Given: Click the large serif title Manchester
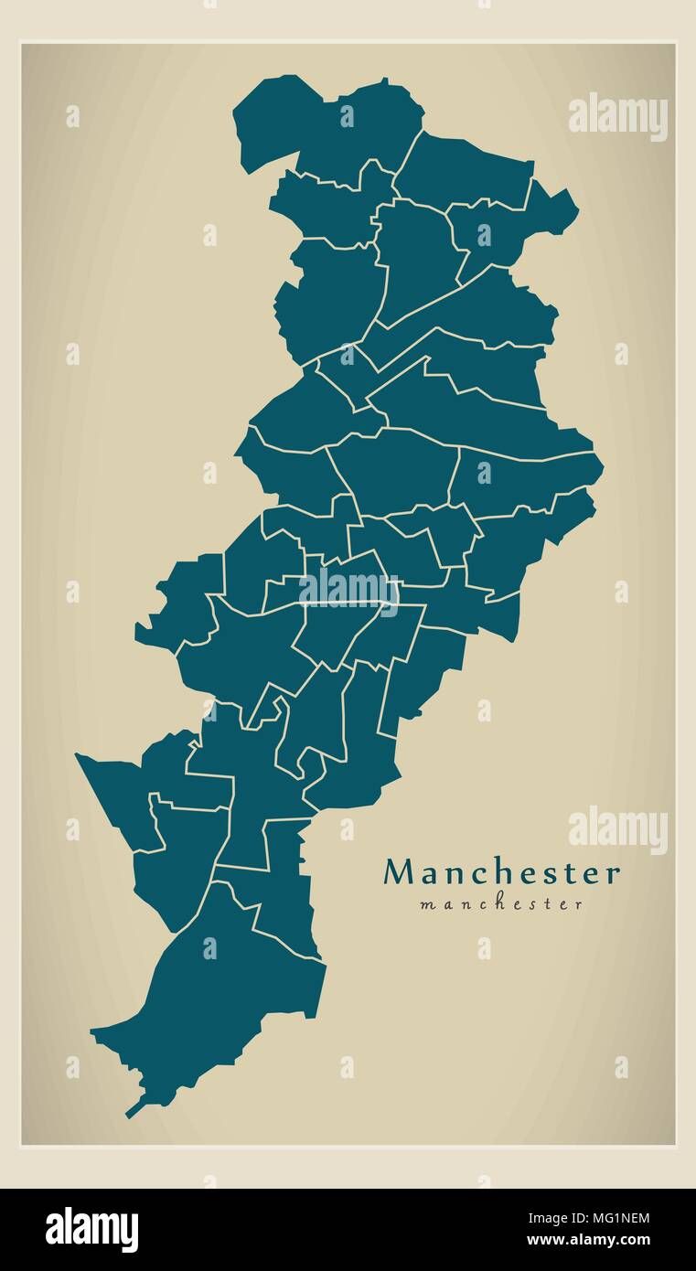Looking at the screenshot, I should (x=501, y=873).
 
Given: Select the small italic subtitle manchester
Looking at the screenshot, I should (x=501, y=904).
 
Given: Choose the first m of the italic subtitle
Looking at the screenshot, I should (x=427, y=905).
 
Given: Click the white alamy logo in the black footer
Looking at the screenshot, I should (x=91, y=1229).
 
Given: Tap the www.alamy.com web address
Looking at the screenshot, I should (x=591, y=1242).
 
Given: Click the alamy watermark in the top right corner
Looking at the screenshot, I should (x=618, y=117).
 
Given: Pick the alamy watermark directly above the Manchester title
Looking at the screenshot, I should (x=618, y=830).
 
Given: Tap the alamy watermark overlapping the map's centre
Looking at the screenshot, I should (x=348, y=590).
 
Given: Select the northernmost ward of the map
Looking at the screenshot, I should (x=329, y=128).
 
